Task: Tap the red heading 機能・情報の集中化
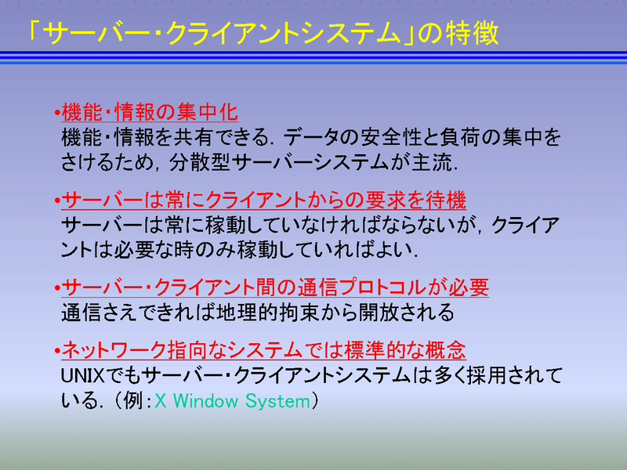coord(150,112)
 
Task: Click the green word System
coord(277,401)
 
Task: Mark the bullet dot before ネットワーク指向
coord(57,351)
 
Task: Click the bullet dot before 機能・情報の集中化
coord(57,113)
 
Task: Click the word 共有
coord(194,138)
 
